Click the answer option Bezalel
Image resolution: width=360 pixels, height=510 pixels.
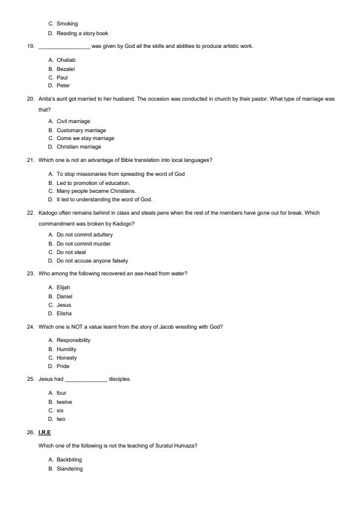click(x=65, y=69)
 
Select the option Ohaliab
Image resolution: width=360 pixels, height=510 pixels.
click(x=65, y=60)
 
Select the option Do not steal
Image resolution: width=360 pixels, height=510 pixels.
click(x=71, y=252)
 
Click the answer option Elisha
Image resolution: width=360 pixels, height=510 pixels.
click(x=64, y=314)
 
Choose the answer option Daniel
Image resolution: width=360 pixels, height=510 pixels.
click(x=64, y=297)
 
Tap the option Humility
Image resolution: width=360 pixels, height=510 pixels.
click(x=66, y=349)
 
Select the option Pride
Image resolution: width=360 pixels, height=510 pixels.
click(x=63, y=366)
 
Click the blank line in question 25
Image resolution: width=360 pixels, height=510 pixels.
click(x=85, y=380)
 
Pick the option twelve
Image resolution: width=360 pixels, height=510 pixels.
click(x=64, y=402)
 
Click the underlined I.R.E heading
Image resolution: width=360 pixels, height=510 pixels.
click(x=44, y=432)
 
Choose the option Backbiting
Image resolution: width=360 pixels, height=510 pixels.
click(x=69, y=460)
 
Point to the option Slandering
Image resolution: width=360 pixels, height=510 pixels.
click(x=70, y=469)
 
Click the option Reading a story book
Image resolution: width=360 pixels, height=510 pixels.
click(x=82, y=33)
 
